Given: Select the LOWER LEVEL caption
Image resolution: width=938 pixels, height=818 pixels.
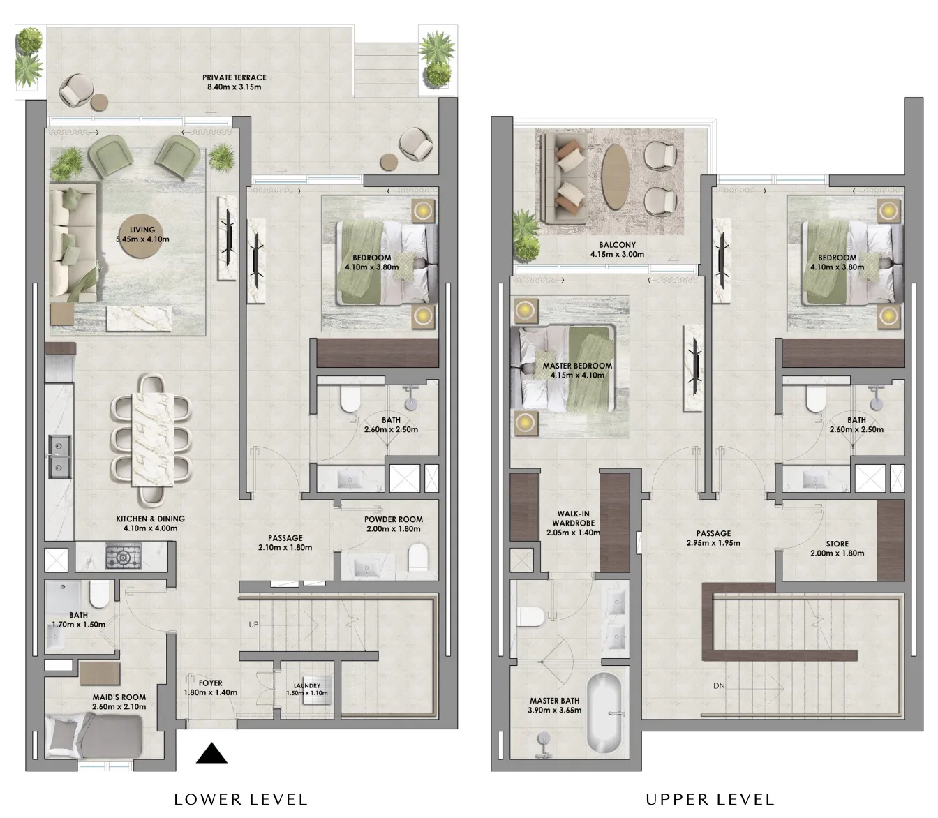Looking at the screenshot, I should pyautogui.click(x=241, y=800).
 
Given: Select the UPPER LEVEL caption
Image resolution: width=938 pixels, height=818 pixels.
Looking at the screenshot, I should pyautogui.click(x=710, y=800).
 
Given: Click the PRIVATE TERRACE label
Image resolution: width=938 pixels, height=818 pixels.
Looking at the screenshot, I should pyautogui.click(x=234, y=77).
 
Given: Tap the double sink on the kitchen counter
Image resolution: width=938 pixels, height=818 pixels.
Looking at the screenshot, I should pyautogui.click(x=59, y=457).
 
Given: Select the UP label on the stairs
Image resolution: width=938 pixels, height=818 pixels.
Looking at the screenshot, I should pyautogui.click(x=253, y=624).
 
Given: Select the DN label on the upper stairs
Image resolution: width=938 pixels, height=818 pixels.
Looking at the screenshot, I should pyautogui.click(x=719, y=686).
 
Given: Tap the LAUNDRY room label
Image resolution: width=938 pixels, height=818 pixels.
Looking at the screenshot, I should pyautogui.click(x=307, y=686).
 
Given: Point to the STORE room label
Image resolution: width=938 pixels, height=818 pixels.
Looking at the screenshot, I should pyautogui.click(x=837, y=544).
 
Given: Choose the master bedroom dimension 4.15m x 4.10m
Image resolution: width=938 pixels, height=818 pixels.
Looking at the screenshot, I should pyautogui.click(x=577, y=375).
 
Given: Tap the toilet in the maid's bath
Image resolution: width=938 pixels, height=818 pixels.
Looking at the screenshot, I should pyautogui.click(x=98, y=595).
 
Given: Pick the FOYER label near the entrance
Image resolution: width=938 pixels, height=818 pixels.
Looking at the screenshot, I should pyautogui.click(x=210, y=683).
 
